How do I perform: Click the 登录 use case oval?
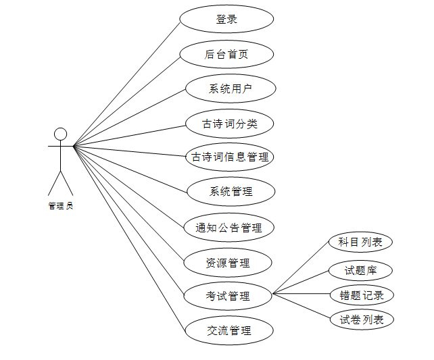click(226, 19)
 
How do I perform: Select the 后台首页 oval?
click(226, 54)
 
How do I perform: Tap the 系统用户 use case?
click(231, 88)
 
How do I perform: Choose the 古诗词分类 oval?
click(230, 124)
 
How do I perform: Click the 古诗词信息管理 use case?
click(230, 157)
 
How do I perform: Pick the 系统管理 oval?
click(231, 192)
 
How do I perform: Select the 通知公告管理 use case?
click(229, 228)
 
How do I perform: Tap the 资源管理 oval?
click(228, 263)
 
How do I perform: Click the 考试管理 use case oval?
click(228, 296)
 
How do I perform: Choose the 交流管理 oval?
click(229, 331)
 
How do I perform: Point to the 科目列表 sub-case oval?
click(360, 242)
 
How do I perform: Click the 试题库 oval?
click(360, 271)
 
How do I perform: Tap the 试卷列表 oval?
click(362, 319)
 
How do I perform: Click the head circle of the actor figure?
click(61, 133)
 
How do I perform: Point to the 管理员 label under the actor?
click(61, 206)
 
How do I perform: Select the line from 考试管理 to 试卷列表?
click(301, 306)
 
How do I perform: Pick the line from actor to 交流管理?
click(128, 237)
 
